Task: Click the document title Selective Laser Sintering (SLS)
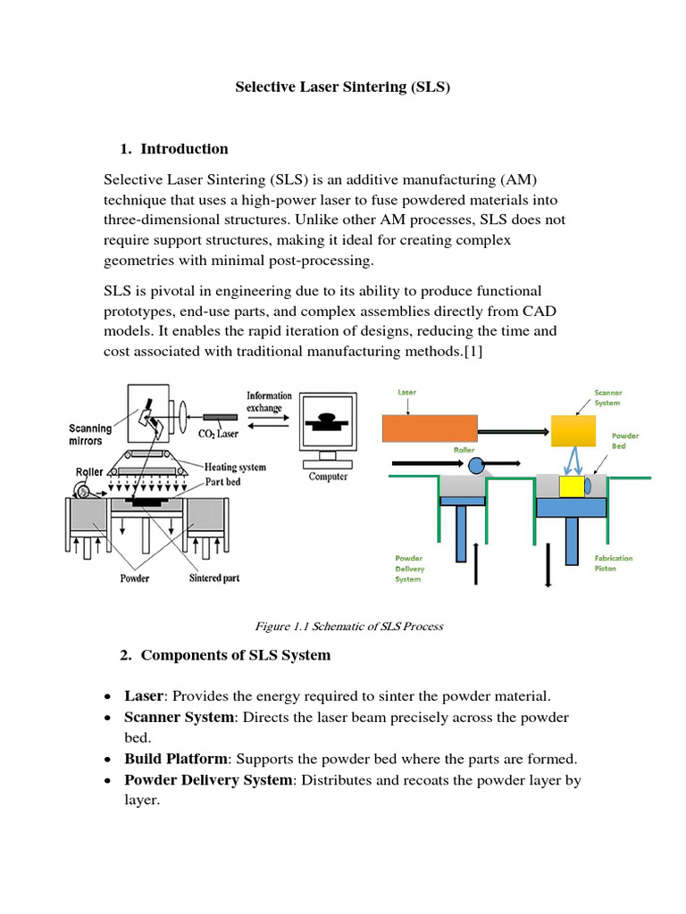(342, 87)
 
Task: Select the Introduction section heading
(184, 149)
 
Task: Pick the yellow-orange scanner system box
(573, 432)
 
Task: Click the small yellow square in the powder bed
(571, 486)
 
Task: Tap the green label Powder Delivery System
(410, 569)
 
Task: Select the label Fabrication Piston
(614, 563)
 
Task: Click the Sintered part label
(214, 578)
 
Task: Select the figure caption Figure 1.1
(342, 626)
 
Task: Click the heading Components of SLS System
(236, 655)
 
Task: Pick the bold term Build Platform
(175, 759)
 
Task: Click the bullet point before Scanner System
(108, 718)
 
